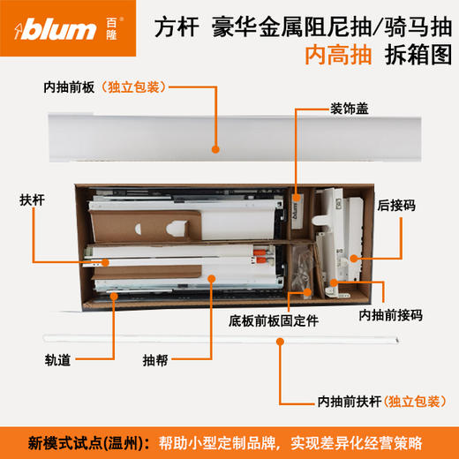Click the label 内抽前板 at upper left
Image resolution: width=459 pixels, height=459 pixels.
point(70,87)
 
